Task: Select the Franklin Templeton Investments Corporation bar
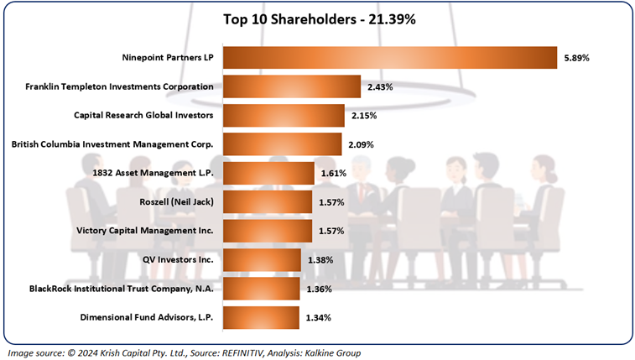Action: click(x=291, y=86)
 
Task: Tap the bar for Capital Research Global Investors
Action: click(x=283, y=115)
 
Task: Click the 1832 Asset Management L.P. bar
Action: click(x=266, y=173)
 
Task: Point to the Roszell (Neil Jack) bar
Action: click(x=265, y=202)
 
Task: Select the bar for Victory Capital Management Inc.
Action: click(x=265, y=231)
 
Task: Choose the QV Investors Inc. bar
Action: click(x=260, y=260)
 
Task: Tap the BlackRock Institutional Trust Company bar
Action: click(x=260, y=289)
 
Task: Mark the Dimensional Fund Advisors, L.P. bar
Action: click(x=259, y=318)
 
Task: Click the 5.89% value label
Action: click(x=576, y=58)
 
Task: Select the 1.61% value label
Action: click(x=333, y=173)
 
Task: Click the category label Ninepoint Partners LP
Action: click(x=167, y=58)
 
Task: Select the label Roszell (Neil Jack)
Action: click(x=176, y=202)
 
